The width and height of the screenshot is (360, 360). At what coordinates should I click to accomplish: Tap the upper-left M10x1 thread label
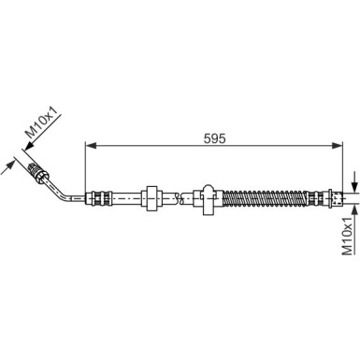tap(39, 124)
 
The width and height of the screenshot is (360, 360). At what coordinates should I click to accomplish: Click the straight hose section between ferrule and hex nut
tap(122, 197)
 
